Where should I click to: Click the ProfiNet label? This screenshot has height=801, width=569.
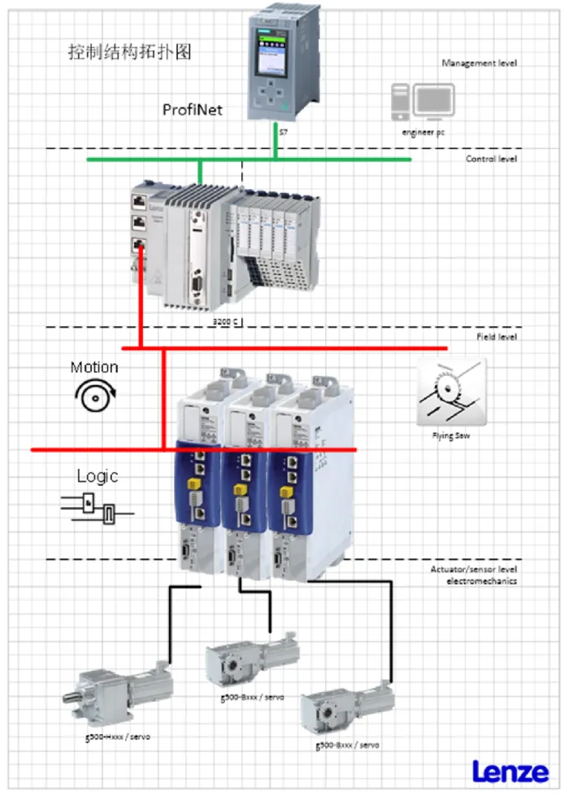pyautogui.click(x=193, y=109)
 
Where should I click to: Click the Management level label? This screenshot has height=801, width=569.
pyautogui.click(x=479, y=63)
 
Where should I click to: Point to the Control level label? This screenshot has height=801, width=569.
pyautogui.click(x=490, y=159)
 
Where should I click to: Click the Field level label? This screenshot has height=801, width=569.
pyautogui.click(x=496, y=336)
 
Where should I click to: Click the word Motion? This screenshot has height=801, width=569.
pyautogui.click(x=94, y=367)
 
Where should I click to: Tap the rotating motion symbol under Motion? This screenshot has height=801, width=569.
pyautogui.click(x=94, y=396)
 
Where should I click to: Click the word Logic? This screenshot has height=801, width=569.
pyautogui.click(x=98, y=475)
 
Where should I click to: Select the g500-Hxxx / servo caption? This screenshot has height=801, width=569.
pyautogui.click(x=117, y=737)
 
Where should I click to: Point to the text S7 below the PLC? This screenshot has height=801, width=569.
pyautogui.click(x=282, y=132)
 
